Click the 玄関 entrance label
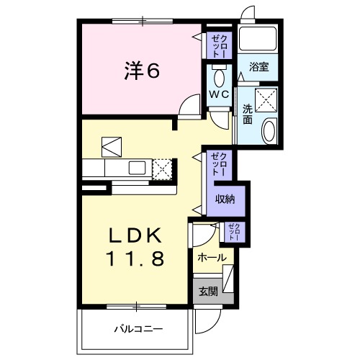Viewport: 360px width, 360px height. pyautogui.click(x=208, y=292)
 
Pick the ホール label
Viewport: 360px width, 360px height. pyautogui.click(x=211, y=257)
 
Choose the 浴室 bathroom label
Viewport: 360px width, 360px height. pyautogui.click(x=259, y=66)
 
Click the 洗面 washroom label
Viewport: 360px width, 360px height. pyautogui.click(x=248, y=114)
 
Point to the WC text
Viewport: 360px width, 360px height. pyautogui.click(x=219, y=95)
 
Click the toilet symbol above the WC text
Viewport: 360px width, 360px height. pyautogui.click(x=220, y=76)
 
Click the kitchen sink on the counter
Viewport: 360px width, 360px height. pyautogui.click(x=137, y=168)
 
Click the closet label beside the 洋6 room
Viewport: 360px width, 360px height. pyautogui.click(x=218, y=45)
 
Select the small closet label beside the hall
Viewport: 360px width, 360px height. pyautogui.click(x=235, y=231)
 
